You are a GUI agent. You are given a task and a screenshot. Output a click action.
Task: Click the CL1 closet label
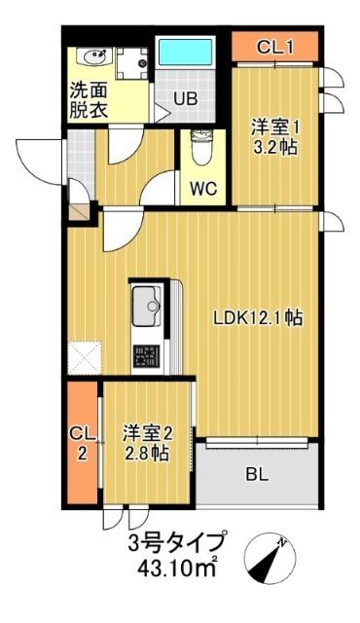pos(274,46)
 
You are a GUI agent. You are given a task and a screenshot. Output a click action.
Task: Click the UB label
pos(185,97)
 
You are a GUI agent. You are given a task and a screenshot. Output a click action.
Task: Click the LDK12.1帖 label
pos(257,317)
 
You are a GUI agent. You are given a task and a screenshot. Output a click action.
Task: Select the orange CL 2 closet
pos(82,443)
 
